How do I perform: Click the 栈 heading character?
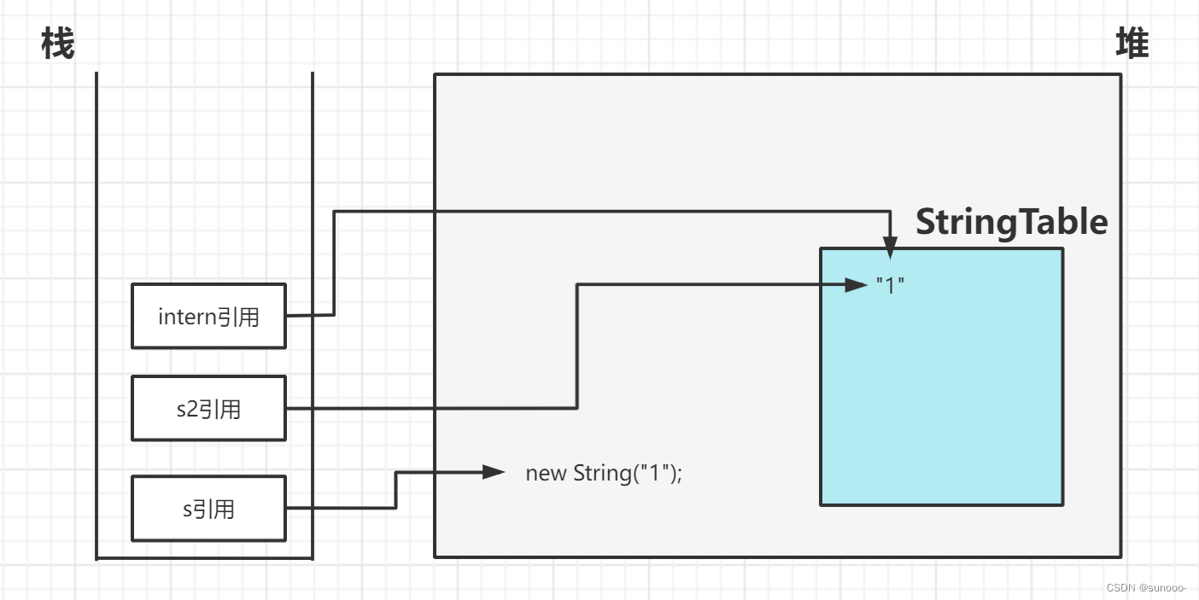pos(58,44)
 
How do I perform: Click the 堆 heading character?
pos(1132,44)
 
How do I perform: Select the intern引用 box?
pos(208,317)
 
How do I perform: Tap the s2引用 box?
pos(208,409)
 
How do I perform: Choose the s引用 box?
pos(208,510)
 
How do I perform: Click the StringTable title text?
pos(1011,222)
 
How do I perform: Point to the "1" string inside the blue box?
pos(890,285)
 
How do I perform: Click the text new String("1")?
pos(604,473)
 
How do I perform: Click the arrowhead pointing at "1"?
pos(857,285)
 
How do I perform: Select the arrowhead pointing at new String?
pos(494,472)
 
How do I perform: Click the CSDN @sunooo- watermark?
pos(1146,588)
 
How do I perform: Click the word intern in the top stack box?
pos(187,317)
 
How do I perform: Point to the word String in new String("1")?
pos(601,473)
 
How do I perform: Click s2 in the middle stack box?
pos(187,410)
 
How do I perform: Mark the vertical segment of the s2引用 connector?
pos(577,346)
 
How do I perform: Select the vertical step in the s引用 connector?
pos(395,490)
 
